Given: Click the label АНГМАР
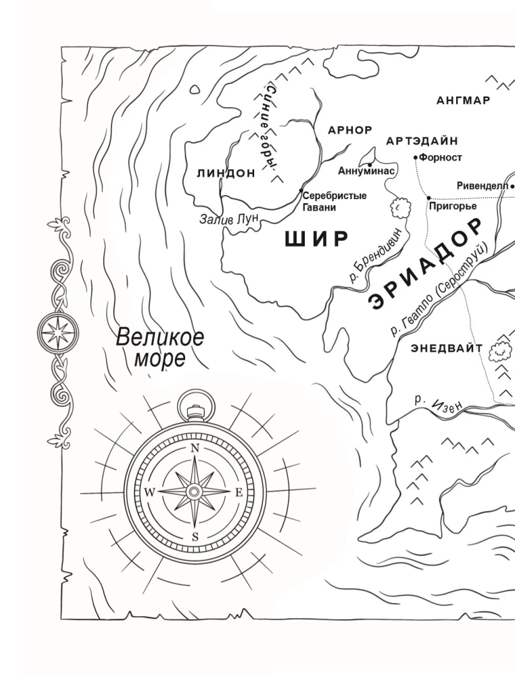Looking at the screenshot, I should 463,101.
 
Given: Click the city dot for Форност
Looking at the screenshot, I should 416,157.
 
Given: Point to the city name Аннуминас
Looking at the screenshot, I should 366,171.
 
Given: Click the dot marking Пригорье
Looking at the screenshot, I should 428,198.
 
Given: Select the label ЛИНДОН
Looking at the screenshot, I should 226,173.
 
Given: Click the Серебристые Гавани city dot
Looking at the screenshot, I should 301,192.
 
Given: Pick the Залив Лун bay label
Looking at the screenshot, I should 226,219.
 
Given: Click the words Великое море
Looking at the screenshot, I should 160,347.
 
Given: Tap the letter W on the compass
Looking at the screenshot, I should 149,493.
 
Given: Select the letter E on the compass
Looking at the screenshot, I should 239,493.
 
